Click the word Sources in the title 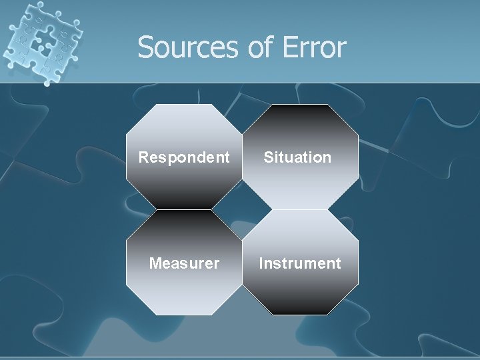(x=178, y=48)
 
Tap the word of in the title (x=253, y=48)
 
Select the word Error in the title (x=314, y=48)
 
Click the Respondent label (x=184, y=158)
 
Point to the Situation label (x=297, y=158)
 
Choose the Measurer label (x=184, y=263)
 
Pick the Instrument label (x=300, y=263)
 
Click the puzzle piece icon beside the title (x=41, y=43)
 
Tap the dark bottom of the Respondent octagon (x=184, y=197)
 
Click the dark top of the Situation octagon (x=300, y=117)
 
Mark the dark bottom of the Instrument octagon (x=300, y=303)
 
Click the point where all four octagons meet (x=242, y=209)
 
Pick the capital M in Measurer (x=155, y=263)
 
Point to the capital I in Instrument (x=261, y=263)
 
